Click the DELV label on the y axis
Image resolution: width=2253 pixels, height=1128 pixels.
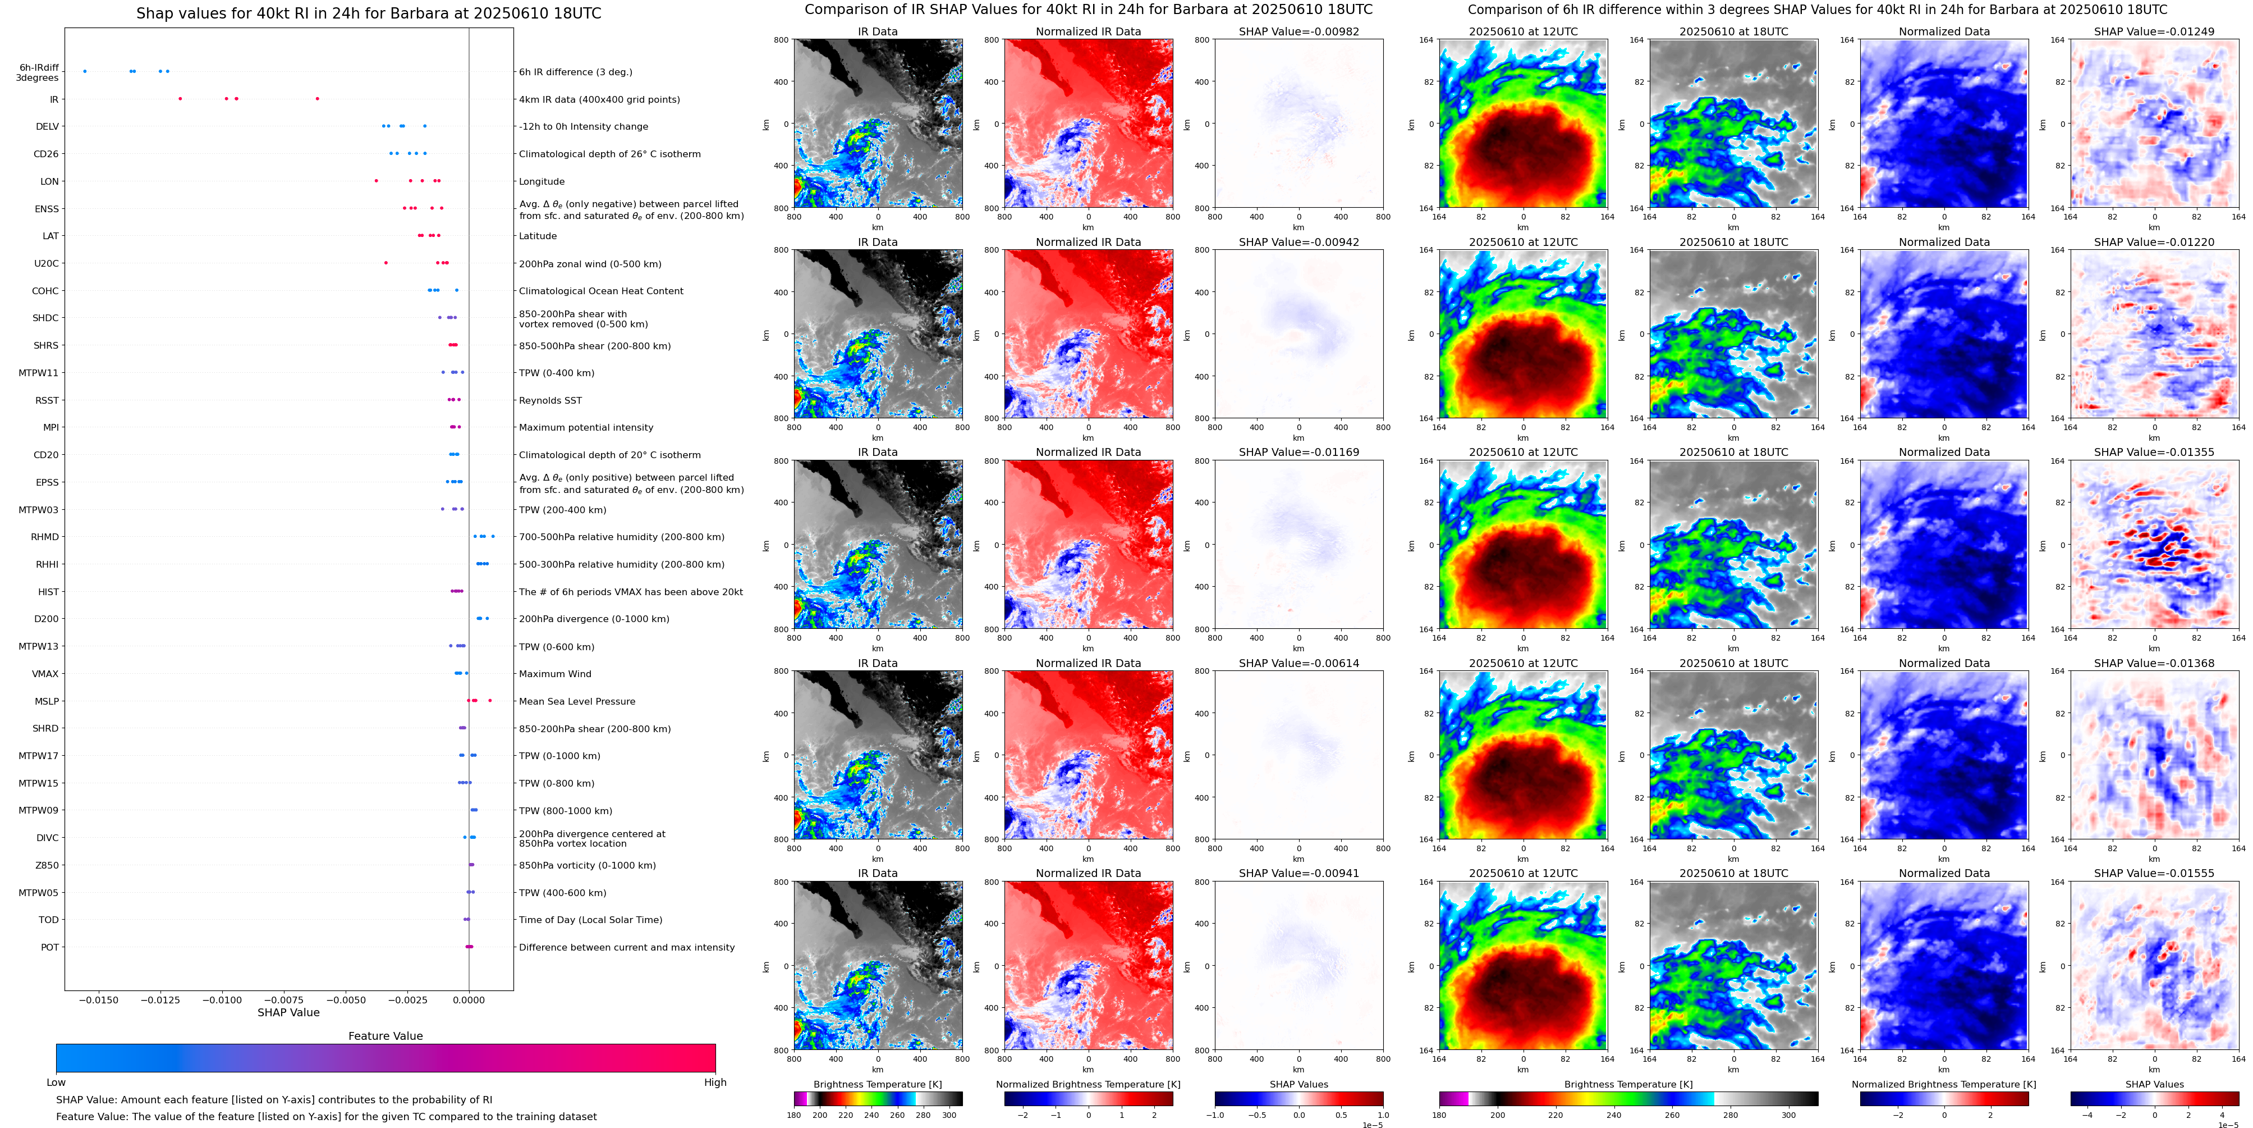click(47, 127)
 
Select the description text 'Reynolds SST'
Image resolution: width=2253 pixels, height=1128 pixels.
click(550, 401)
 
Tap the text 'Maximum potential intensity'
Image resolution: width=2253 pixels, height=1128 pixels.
click(586, 428)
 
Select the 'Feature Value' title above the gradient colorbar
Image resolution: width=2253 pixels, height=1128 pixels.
click(385, 1036)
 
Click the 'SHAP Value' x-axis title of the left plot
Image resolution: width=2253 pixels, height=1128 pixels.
click(288, 1012)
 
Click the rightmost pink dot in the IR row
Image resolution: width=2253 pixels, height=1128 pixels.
click(318, 99)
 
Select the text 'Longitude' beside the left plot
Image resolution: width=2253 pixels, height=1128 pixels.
click(542, 182)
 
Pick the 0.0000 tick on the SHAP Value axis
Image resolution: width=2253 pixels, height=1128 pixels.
click(469, 999)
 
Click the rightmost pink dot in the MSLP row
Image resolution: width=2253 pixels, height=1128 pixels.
click(490, 701)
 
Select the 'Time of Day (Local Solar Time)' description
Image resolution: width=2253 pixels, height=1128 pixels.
click(590, 921)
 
